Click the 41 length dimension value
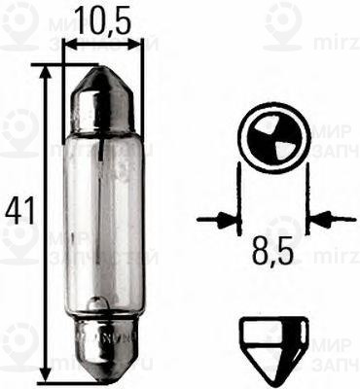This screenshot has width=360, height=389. point(17,210)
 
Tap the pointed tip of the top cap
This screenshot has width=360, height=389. point(102,69)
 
